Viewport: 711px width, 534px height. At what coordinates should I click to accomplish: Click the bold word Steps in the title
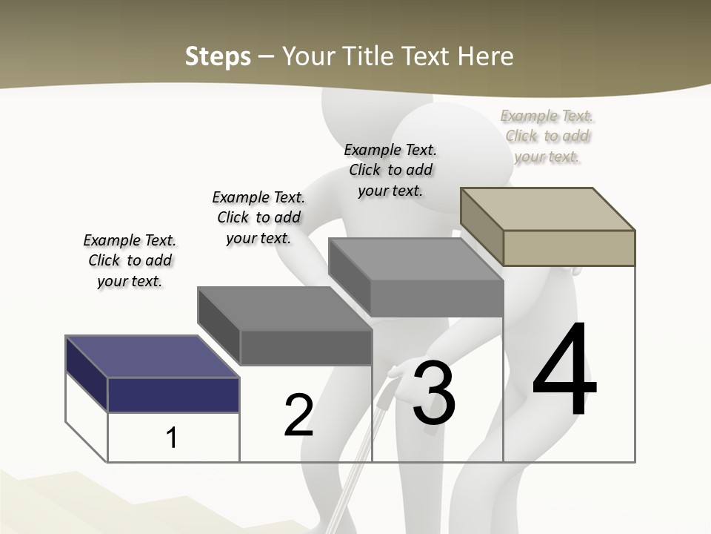pos(218,56)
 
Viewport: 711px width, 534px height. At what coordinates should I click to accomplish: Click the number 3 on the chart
pos(434,394)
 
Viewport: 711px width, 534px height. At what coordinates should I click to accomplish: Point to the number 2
pos(298,415)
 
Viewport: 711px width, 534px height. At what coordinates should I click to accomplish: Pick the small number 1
pos(172,438)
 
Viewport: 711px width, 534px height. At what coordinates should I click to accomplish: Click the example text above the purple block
pos(130,260)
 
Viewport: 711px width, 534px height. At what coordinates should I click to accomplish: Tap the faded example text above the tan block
pos(547,136)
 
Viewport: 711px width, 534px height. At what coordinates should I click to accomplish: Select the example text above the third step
pos(390,170)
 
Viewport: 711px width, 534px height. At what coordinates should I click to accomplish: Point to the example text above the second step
pos(258,217)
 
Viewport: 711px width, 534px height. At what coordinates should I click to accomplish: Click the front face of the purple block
pos(173,395)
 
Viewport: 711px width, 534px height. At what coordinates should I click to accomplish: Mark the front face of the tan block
pos(569,248)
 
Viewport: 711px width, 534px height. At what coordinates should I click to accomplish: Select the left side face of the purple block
pos(87,374)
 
